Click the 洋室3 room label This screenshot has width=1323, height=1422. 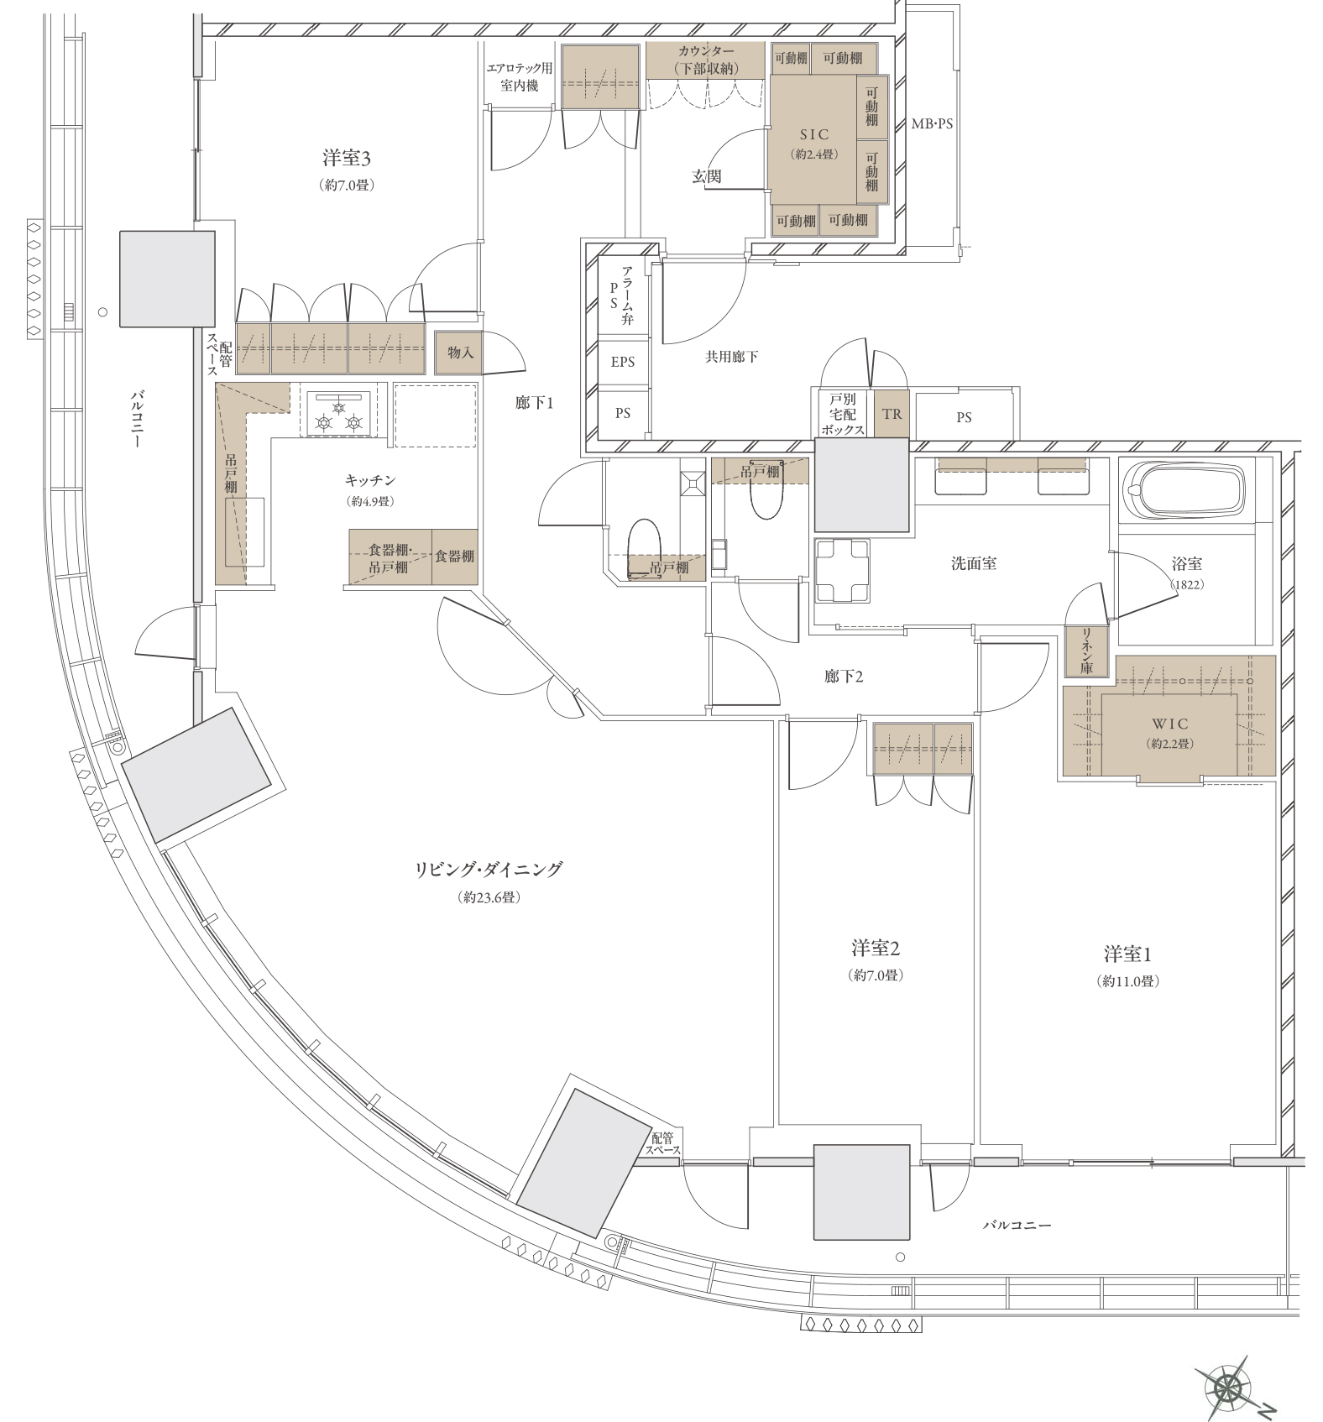347,158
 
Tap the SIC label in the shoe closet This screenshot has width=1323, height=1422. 814,134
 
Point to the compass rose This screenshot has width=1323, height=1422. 1229,1388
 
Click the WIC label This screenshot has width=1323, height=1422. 1169,724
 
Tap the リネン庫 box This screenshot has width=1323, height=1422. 1086,651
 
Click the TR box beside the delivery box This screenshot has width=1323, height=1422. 892,414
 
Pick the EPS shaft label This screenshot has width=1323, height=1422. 623,363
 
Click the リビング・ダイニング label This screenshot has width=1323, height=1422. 489,870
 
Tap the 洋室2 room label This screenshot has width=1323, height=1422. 876,949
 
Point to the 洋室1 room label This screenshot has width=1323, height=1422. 1127,954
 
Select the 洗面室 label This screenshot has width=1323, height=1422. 974,563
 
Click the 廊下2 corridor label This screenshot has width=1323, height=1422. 844,676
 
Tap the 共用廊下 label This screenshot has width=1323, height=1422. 731,357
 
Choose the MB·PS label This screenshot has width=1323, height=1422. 932,123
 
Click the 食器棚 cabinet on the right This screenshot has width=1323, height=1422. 455,557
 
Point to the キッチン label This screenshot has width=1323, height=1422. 370,481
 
